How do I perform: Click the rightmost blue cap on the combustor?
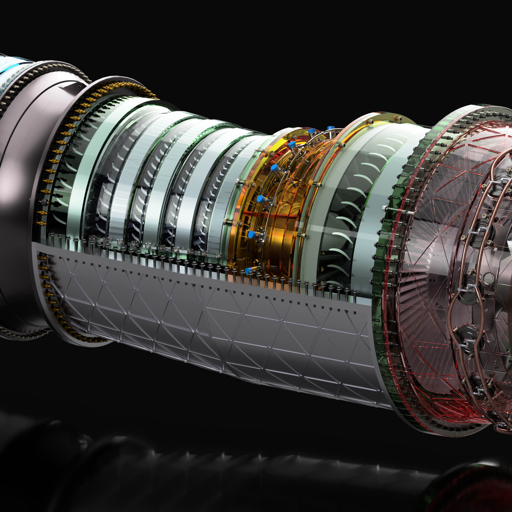point(330,128)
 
